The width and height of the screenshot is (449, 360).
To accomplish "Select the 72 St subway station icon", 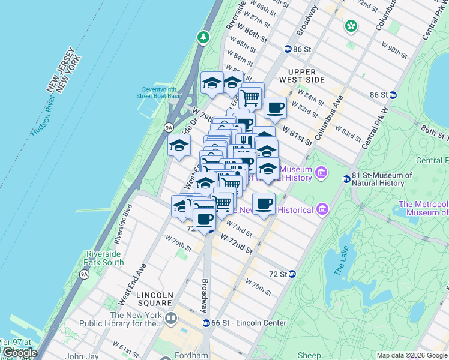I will [292, 274].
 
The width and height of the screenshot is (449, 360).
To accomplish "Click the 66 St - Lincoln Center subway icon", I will [206, 323].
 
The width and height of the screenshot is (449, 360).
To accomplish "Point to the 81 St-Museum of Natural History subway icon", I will [346, 179].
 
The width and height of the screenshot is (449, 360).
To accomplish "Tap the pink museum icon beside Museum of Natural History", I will [321, 173].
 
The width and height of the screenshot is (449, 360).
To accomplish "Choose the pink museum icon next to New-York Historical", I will [322, 209].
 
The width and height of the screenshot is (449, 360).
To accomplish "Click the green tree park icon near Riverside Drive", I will [203, 38].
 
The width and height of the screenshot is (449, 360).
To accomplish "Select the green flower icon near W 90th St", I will [351, 26].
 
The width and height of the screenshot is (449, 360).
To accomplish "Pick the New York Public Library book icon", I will [170, 319].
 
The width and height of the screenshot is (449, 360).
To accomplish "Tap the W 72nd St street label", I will [235, 243].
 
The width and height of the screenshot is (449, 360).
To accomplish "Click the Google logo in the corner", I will [19, 353].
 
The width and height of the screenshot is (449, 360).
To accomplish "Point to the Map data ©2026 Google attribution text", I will [412, 355].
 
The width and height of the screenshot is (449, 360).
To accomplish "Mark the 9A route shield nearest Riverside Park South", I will [84, 274].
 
